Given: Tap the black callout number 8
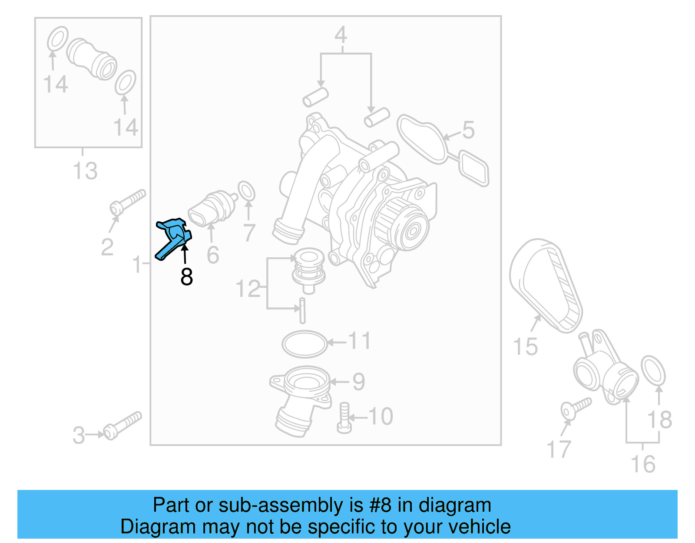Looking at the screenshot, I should (187, 277).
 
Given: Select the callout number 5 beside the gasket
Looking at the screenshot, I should (468, 130).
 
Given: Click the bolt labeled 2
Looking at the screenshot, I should (128, 202).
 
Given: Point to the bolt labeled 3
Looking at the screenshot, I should (123, 425).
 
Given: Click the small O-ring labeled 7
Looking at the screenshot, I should (246, 191).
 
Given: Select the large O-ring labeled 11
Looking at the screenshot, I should (304, 343).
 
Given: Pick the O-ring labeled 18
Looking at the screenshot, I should (653, 370).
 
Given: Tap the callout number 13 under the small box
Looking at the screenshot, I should (85, 171).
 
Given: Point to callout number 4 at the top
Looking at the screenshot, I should (341, 35).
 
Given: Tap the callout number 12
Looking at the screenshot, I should (248, 289).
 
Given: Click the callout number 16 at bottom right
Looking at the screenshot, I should (643, 464).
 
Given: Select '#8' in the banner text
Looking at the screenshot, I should (380, 505).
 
